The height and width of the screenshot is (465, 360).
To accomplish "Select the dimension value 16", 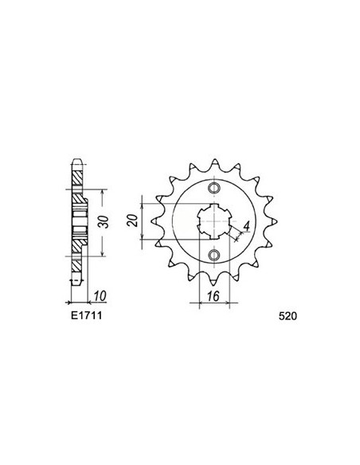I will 213,293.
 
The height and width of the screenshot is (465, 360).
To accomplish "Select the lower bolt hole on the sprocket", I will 213,255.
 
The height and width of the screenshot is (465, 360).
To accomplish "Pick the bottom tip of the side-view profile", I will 76,284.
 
